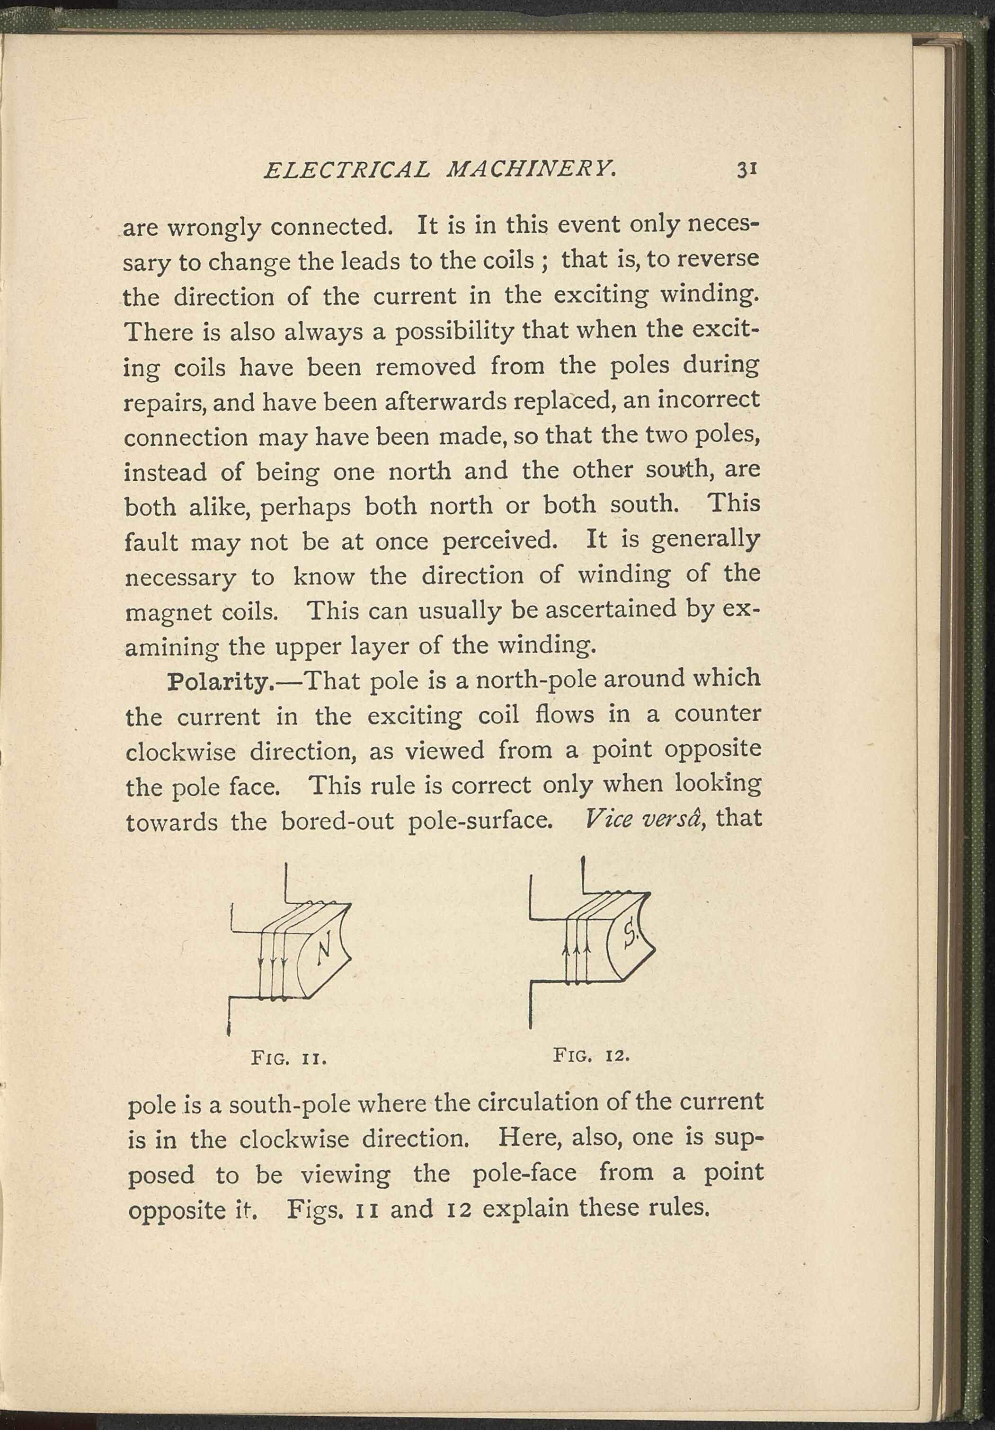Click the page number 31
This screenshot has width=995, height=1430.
(x=746, y=170)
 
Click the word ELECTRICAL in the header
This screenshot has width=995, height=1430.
(x=347, y=170)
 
